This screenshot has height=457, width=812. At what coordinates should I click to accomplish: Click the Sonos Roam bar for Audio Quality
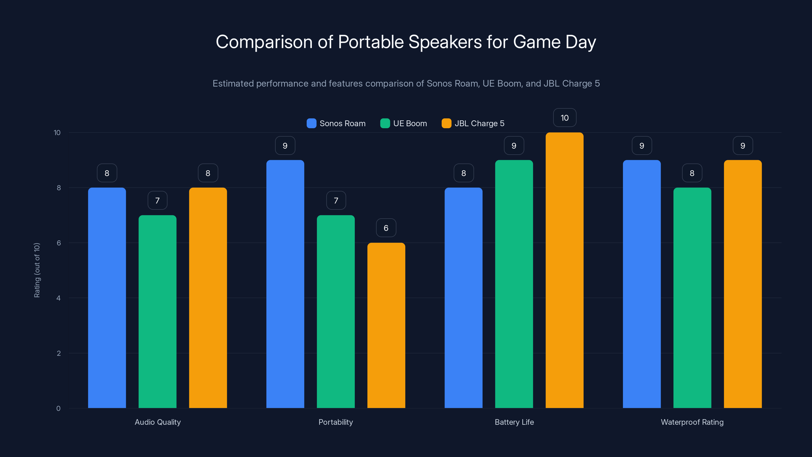(x=107, y=298)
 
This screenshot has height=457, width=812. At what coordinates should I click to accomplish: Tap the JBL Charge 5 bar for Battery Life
(x=564, y=270)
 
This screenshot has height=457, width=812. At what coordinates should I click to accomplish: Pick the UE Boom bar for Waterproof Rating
(x=692, y=298)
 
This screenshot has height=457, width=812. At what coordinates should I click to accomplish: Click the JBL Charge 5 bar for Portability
(x=386, y=325)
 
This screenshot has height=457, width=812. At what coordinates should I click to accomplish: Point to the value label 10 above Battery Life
(x=565, y=118)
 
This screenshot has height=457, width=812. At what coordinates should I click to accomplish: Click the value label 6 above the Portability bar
(x=386, y=228)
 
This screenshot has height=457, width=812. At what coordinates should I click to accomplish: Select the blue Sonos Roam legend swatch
(x=311, y=123)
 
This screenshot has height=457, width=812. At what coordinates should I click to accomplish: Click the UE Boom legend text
(x=410, y=123)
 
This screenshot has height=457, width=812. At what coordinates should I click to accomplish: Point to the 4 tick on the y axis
(x=59, y=298)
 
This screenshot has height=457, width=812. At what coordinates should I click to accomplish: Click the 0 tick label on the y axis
(x=59, y=409)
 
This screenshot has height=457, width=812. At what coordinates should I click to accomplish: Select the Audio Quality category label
(x=158, y=422)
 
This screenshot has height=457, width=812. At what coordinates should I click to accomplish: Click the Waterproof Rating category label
(x=692, y=422)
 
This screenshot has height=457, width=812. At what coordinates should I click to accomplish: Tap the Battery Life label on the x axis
(x=514, y=422)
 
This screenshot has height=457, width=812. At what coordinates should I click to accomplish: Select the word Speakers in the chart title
(x=445, y=42)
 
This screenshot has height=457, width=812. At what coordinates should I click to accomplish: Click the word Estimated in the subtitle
(x=233, y=84)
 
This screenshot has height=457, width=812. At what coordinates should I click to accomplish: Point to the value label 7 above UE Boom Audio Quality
(x=157, y=201)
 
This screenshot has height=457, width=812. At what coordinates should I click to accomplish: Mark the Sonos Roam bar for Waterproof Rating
(x=641, y=284)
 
